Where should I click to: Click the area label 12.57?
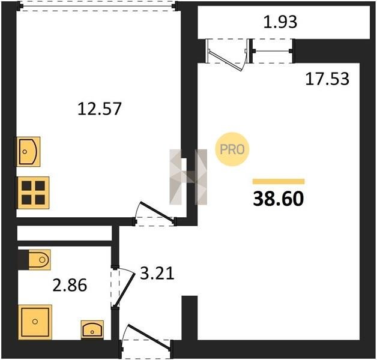tap(99, 109)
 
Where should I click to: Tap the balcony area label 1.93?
tap(280, 22)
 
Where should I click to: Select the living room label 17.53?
tap(327, 79)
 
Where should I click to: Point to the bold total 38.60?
tap(279, 199)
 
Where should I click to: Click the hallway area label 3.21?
tap(157, 273)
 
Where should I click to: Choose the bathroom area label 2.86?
tap(70, 286)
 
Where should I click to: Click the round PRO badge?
tap(232, 149)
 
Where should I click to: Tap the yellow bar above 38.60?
tap(279, 181)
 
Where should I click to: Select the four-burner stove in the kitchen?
tap(33, 193)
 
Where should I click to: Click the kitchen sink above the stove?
tap(28, 152)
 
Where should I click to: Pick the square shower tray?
tap(35, 322)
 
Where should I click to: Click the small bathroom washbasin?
tap(92, 330)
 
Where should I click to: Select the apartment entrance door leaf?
tap(149, 337)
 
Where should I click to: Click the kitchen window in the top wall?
tap(98, 6)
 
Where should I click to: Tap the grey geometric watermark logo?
tap(188, 177)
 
